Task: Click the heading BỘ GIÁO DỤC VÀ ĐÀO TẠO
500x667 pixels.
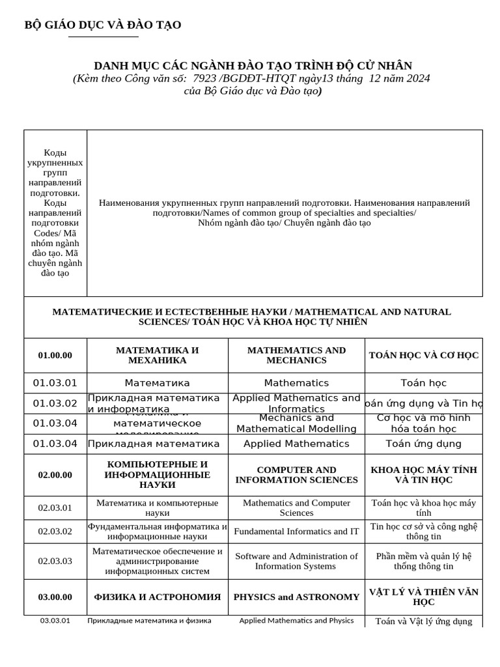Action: [103, 25]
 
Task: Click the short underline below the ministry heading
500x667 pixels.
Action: [103, 37]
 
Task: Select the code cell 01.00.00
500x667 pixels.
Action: [55, 356]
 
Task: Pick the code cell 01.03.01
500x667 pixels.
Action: [55, 383]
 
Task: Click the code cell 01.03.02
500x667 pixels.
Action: [55, 403]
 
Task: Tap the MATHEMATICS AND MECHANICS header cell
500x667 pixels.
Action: [296, 356]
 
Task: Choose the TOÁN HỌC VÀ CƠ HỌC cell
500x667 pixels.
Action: [423, 356]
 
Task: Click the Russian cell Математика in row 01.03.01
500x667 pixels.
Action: [157, 383]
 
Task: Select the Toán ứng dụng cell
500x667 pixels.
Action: [423, 444]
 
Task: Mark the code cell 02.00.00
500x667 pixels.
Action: [55, 475]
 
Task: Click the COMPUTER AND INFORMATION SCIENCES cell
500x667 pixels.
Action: [296, 475]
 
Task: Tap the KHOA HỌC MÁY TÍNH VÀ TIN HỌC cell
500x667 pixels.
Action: [423, 475]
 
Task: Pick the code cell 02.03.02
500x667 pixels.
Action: [55, 532]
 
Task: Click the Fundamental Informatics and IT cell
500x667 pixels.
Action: [296, 532]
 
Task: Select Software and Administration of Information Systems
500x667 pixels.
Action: [296, 561]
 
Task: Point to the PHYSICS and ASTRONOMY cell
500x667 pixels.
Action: [296, 597]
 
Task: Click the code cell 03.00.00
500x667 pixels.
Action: [55, 597]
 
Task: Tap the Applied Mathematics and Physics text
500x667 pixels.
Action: [296, 621]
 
